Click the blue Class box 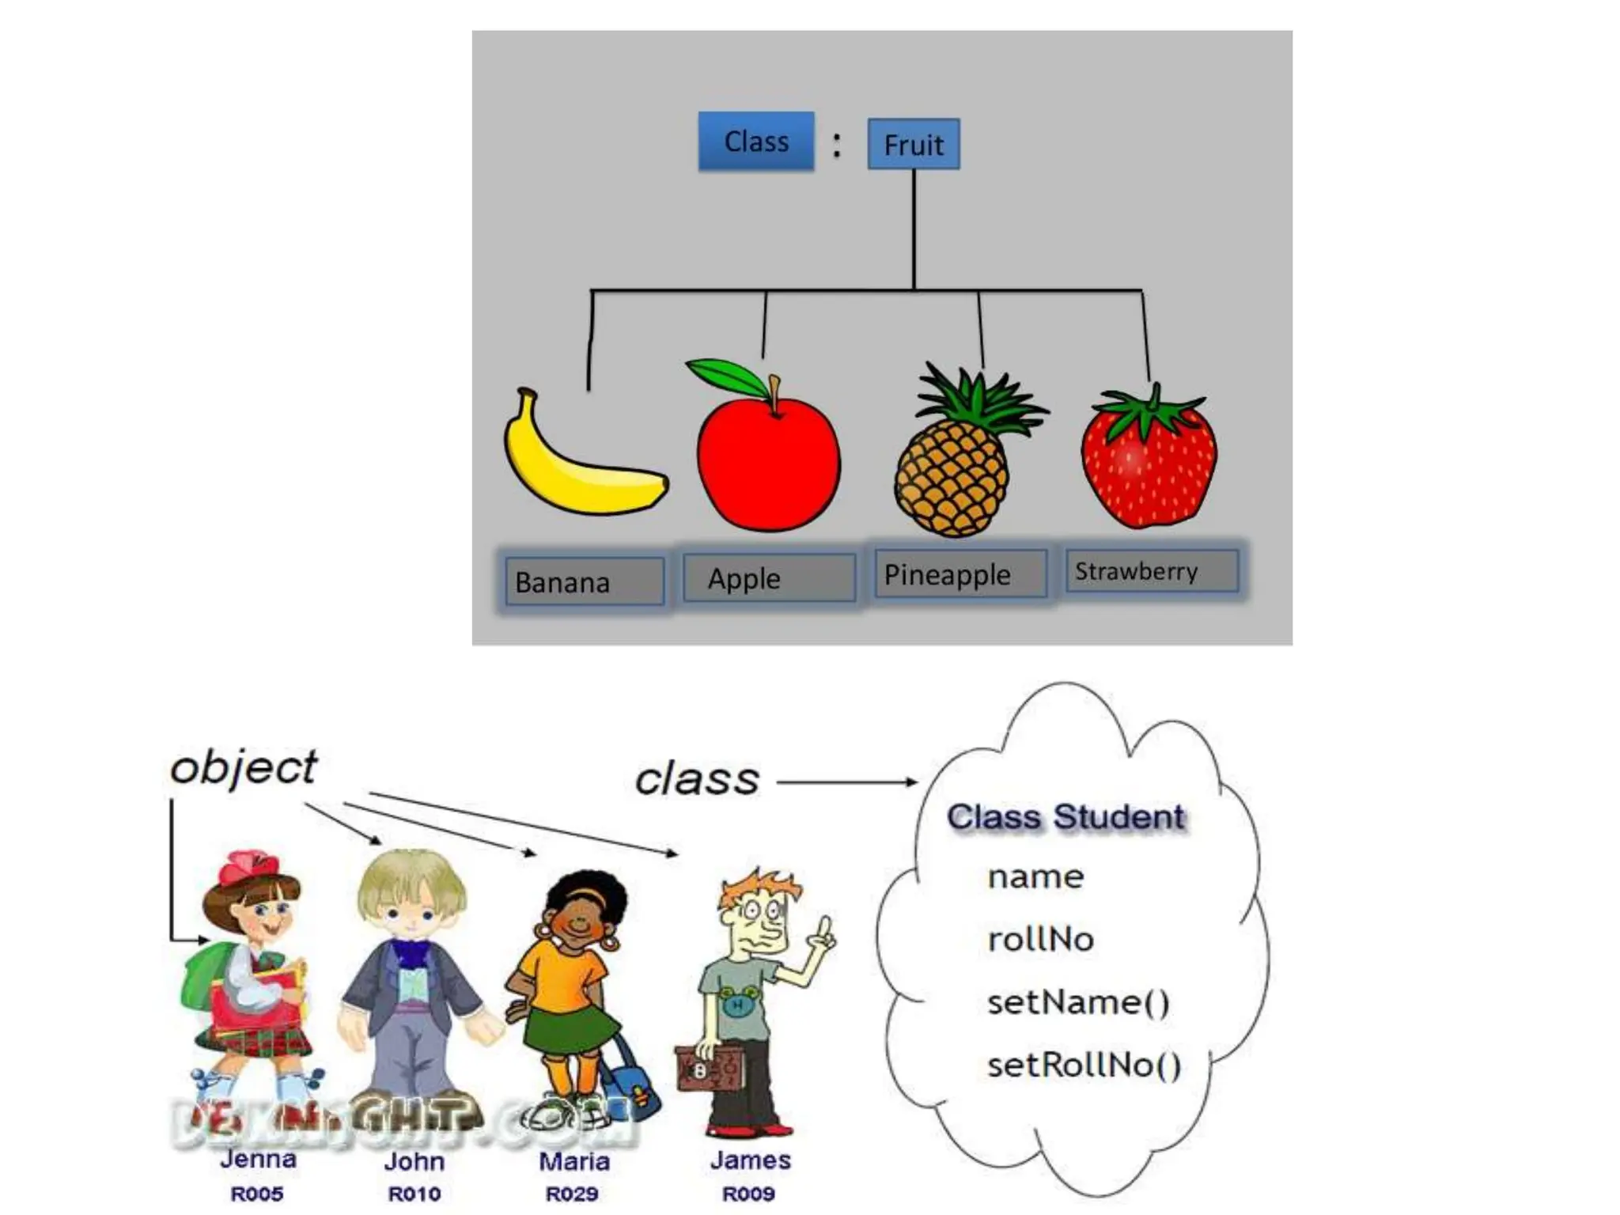[755, 141]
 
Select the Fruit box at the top [913, 144]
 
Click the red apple [767, 467]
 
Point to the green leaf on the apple [726, 377]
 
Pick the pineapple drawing [953, 475]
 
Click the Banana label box [584, 581]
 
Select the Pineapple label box [960, 573]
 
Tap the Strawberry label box [1151, 570]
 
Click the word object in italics [244, 767]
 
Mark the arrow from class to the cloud [846, 782]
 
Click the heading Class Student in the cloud [1065, 816]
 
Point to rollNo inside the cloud [1040, 939]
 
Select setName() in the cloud [1077, 1002]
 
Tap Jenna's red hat [247, 868]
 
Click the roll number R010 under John [414, 1194]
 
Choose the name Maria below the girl [573, 1161]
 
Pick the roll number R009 [748, 1194]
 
